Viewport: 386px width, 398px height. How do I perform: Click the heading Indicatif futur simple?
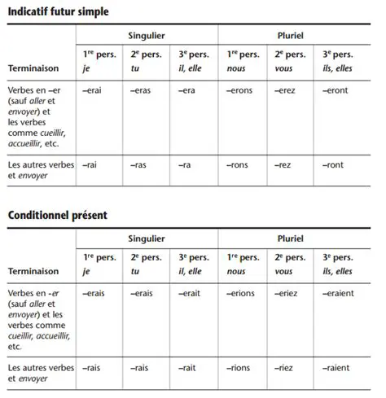58,13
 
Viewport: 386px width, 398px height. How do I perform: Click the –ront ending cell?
333,165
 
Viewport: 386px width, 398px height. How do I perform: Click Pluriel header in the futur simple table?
291,37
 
